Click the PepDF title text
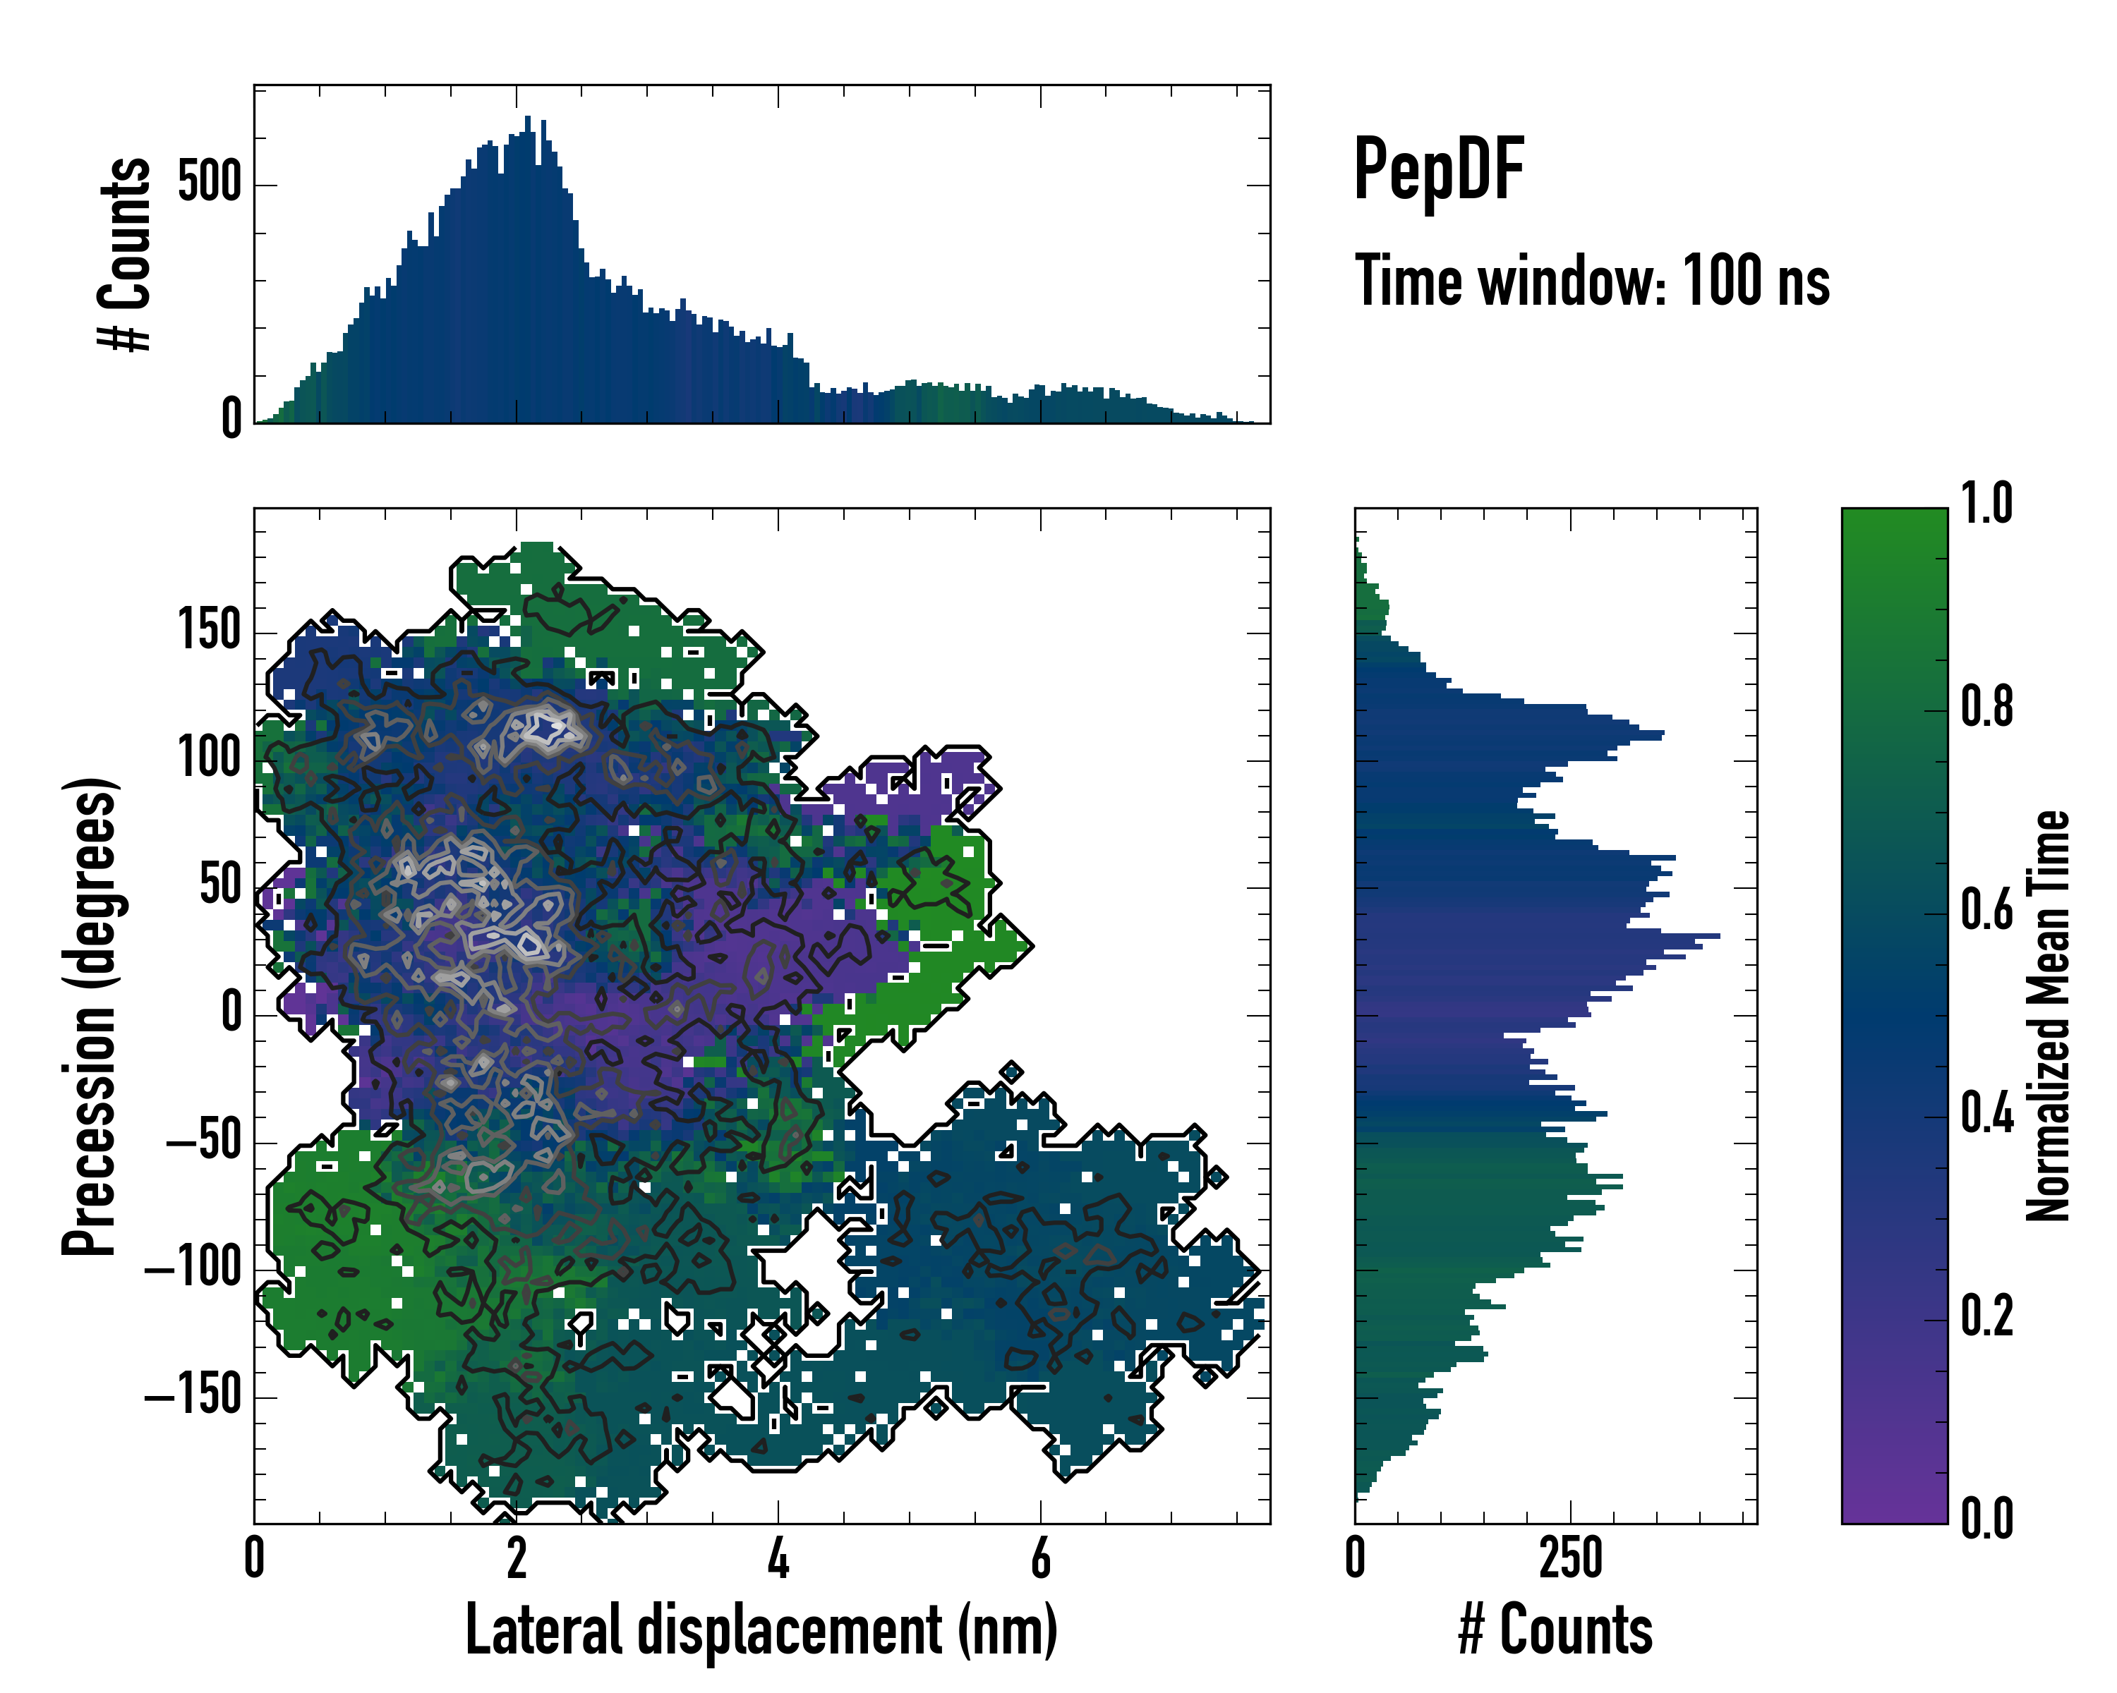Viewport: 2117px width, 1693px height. click(1437, 170)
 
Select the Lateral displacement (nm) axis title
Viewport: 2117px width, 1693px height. click(761, 1630)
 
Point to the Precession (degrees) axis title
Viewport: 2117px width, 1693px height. click(90, 1016)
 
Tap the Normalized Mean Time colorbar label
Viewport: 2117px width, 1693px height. click(2047, 1016)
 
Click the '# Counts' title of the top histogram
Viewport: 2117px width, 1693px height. click(126, 253)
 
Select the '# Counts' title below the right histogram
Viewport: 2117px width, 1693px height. click(1555, 1630)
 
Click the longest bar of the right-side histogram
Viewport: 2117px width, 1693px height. click(1713, 936)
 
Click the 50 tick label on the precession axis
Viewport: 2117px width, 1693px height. click(221, 885)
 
